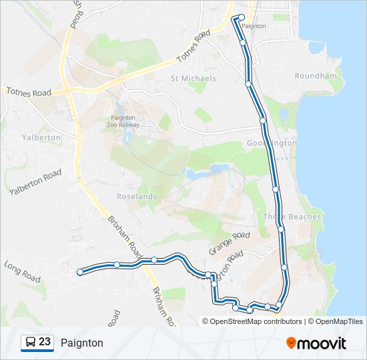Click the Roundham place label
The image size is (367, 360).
coord(316,76)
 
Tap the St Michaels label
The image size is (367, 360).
coord(194,78)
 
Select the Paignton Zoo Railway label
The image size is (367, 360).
coord(123,121)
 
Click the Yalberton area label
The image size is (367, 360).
coord(41,137)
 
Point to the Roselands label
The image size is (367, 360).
coord(137,197)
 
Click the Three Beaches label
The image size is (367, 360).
coord(292,217)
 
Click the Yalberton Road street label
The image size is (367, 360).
coord(35,182)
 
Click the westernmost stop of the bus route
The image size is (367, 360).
coord(80,271)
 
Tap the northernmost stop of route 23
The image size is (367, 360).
coord(242,17)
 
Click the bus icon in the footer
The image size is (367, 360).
coord(30,343)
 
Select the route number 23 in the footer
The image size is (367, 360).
coord(45,342)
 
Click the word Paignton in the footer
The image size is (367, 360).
coord(82,343)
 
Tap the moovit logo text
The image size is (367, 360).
coord(322,343)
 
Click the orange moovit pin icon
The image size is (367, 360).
coord(291,343)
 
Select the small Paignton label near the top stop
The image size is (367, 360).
coord(254,26)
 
